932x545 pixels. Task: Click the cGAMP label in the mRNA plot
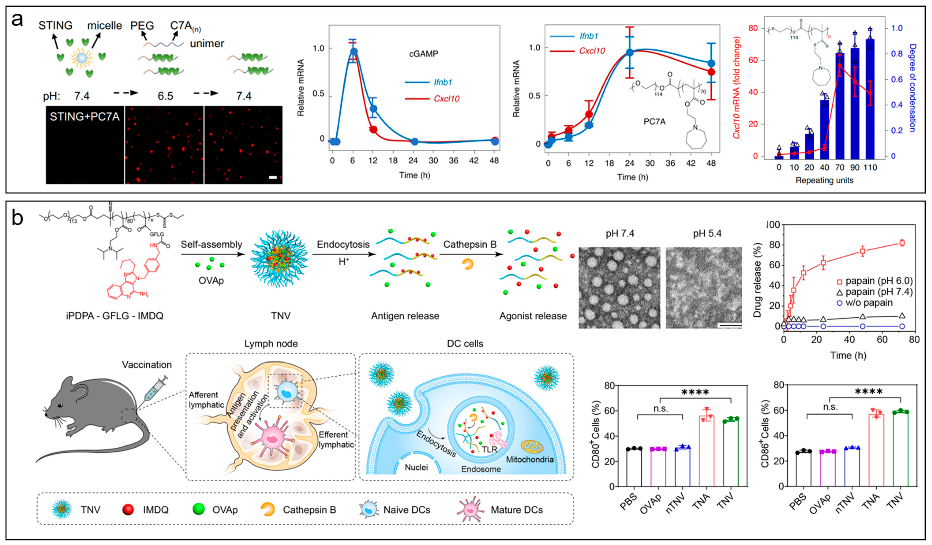(424, 54)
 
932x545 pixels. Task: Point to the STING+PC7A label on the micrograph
(85, 117)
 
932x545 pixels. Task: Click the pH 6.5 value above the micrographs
(165, 96)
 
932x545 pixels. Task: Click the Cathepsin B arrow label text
(470, 245)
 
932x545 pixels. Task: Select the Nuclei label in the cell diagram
(416, 468)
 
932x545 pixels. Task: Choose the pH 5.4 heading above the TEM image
(707, 233)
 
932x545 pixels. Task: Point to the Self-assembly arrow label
(211, 245)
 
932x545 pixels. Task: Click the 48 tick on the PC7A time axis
(711, 163)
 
